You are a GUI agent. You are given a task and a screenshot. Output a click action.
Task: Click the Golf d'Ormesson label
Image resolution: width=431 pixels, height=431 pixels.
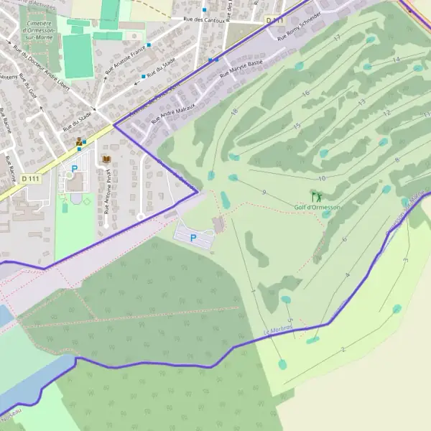tap(317, 207)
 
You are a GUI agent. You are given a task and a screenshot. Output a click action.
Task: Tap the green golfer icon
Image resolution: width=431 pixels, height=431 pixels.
tap(315, 195)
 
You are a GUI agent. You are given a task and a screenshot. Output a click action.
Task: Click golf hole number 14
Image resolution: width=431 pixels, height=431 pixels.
tap(396, 59)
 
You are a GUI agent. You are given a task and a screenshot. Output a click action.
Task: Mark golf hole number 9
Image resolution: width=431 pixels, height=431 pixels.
tap(264, 192)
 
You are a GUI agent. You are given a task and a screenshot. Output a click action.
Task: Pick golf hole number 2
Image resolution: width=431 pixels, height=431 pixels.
tap(343, 349)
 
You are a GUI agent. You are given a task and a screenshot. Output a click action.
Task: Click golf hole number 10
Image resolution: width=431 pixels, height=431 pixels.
tap(321, 177)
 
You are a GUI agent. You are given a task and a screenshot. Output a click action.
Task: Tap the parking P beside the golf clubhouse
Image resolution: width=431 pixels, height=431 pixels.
tap(193, 237)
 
